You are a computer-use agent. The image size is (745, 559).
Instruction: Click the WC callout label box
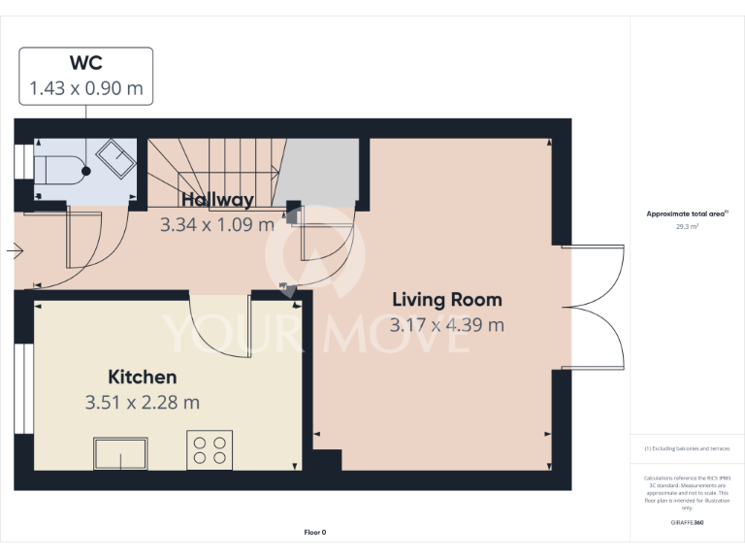pos(86,76)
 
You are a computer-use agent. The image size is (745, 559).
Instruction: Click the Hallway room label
pos(217,200)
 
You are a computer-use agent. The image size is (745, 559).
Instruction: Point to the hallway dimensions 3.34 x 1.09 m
pos(217,223)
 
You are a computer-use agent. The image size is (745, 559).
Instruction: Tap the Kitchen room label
pos(142,378)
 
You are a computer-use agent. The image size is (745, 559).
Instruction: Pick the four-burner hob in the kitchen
pos(210,449)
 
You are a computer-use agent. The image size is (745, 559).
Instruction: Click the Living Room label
pos(446,300)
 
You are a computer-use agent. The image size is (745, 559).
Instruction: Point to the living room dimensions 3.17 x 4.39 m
pos(446,325)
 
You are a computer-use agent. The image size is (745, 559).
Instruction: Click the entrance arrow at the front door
pos(15,252)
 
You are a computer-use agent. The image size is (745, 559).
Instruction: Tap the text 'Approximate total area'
pos(685,214)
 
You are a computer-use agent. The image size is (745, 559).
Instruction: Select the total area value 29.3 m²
pos(687,226)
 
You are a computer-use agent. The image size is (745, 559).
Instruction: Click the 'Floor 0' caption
pos(315,532)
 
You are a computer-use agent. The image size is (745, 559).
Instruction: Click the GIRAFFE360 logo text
pos(687,522)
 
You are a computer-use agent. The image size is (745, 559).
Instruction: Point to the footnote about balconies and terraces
pos(687,448)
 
